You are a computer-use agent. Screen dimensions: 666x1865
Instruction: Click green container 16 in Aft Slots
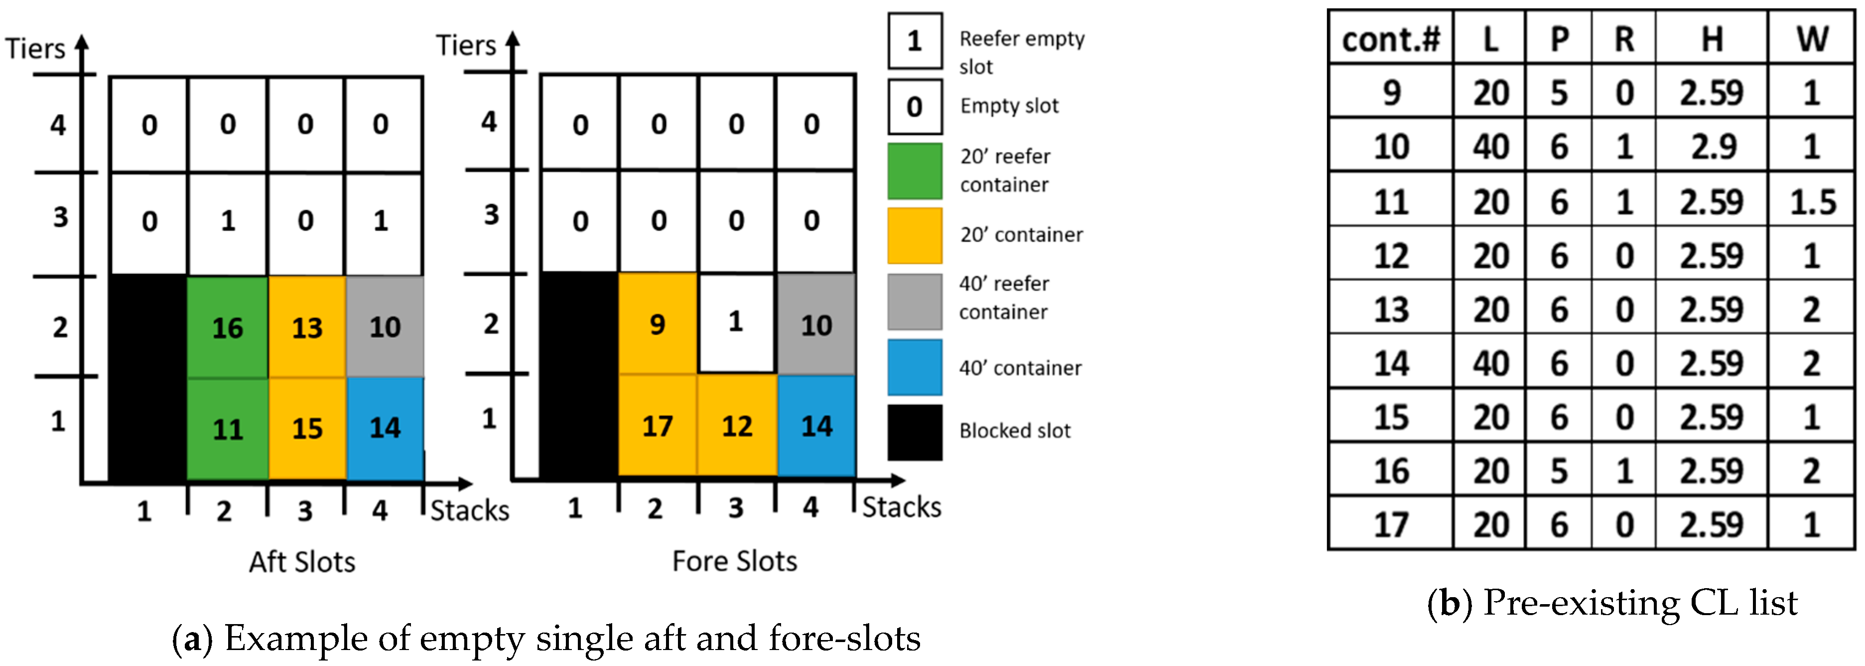[x=227, y=328]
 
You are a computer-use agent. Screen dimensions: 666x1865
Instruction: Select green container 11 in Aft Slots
[x=227, y=429]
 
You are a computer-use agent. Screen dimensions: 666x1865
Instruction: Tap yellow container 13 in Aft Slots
[x=307, y=328]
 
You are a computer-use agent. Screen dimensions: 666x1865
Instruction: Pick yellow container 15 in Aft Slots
[x=307, y=429]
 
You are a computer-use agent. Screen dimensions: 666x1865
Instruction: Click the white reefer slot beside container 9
[x=736, y=322]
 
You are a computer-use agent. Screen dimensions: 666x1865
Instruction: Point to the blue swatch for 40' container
[x=915, y=368]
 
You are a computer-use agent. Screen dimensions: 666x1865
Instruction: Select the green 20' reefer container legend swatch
[x=915, y=171]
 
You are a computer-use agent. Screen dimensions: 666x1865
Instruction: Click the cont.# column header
[x=1391, y=38]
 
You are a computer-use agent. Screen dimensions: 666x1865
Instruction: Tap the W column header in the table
[x=1811, y=38]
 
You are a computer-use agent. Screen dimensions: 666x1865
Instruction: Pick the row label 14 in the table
[x=1391, y=363]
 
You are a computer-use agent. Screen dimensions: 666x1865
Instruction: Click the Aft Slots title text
[x=302, y=562]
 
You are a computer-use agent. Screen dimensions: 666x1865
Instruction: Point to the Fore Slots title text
[x=734, y=561]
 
